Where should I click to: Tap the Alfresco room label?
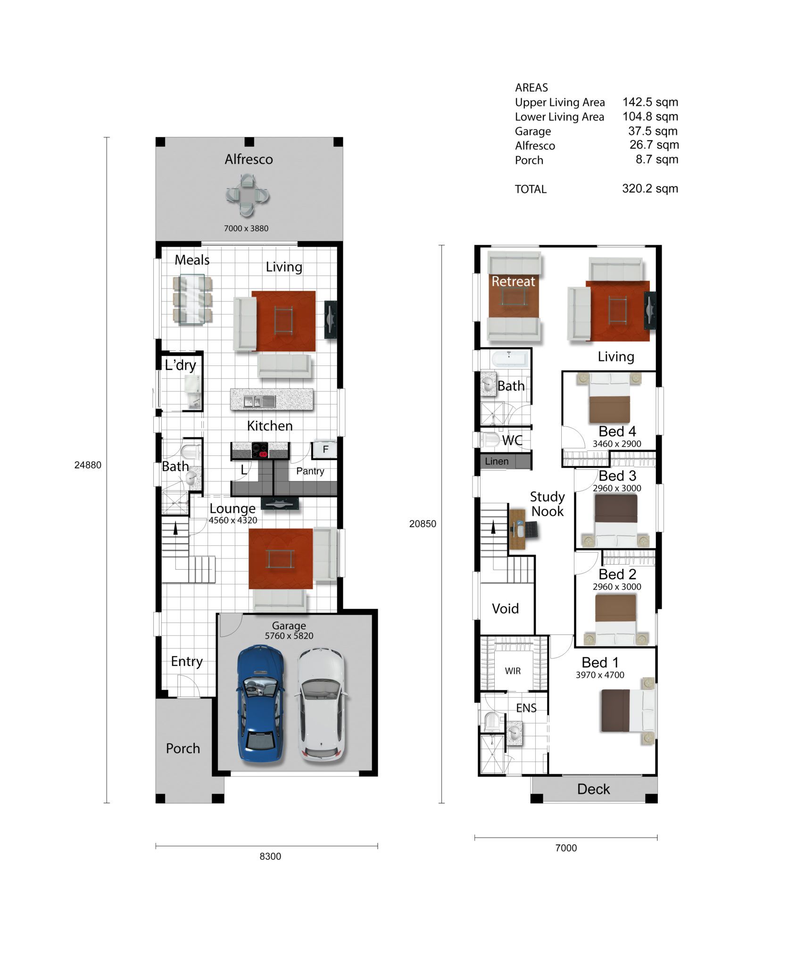[x=249, y=159]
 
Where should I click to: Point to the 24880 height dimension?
[x=88, y=465]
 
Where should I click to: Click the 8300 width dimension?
[x=270, y=856]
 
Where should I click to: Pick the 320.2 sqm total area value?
[x=650, y=189]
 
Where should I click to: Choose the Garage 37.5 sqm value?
[x=653, y=131]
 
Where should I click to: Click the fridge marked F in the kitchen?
[x=325, y=449]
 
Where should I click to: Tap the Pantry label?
[x=310, y=471]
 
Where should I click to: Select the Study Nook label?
[x=547, y=504]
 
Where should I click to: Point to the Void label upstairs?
[x=505, y=608]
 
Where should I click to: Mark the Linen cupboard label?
[x=497, y=461]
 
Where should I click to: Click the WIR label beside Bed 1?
[x=513, y=671]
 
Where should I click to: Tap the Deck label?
[x=593, y=789]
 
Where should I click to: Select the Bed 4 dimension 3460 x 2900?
[x=617, y=444]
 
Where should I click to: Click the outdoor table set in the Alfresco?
[x=247, y=195]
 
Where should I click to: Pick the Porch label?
[x=183, y=749]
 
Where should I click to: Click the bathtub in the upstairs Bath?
[x=509, y=359]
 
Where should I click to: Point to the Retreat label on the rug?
[x=513, y=282]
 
